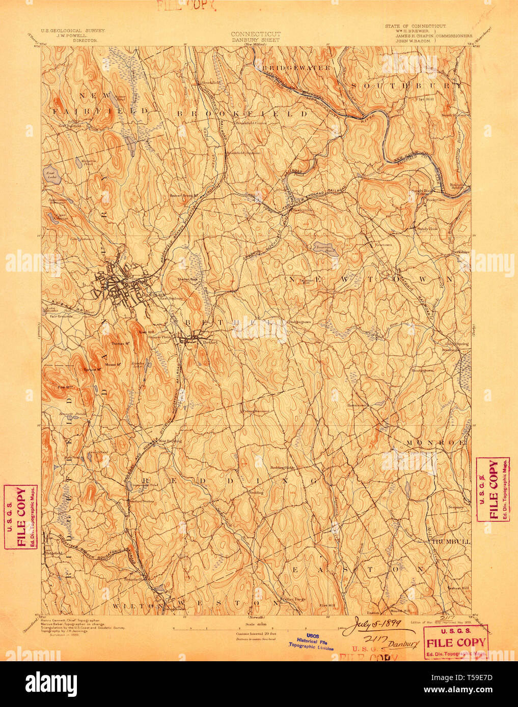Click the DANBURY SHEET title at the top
(x=256, y=40)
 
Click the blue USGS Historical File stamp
(x=311, y=642)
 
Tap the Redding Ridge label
(x=282, y=467)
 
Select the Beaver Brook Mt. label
(x=184, y=195)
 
